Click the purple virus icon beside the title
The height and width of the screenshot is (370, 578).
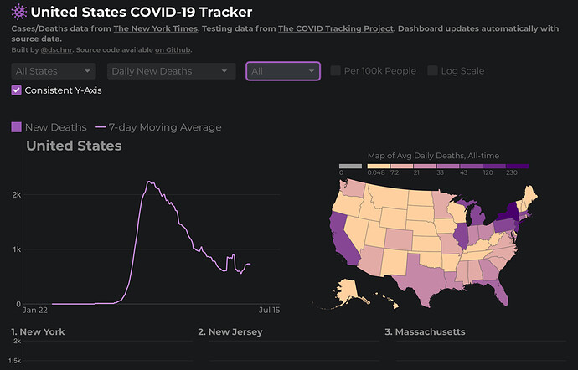click(19, 12)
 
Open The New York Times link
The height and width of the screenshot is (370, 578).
click(156, 28)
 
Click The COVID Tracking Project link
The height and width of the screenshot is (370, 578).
click(336, 28)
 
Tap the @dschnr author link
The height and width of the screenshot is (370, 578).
click(56, 49)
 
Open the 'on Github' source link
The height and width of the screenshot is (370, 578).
click(173, 49)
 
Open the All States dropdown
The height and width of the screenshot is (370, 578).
click(54, 71)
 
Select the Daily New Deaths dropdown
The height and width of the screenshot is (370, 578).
click(172, 71)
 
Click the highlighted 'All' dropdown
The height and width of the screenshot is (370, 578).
click(283, 71)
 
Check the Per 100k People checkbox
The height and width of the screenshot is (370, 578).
click(335, 71)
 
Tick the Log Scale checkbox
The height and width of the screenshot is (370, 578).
click(432, 71)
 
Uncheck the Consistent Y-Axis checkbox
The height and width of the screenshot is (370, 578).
click(16, 90)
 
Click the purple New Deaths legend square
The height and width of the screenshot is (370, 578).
click(16, 127)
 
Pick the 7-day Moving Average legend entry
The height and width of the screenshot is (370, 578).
click(158, 127)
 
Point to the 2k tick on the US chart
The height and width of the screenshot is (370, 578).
click(17, 194)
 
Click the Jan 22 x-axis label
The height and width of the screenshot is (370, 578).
click(35, 310)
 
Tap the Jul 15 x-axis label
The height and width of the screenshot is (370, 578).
click(269, 310)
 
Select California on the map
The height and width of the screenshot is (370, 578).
click(341, 239)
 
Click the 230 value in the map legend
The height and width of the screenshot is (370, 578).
click(512, 172)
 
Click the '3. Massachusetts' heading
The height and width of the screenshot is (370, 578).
click(425, 331)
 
